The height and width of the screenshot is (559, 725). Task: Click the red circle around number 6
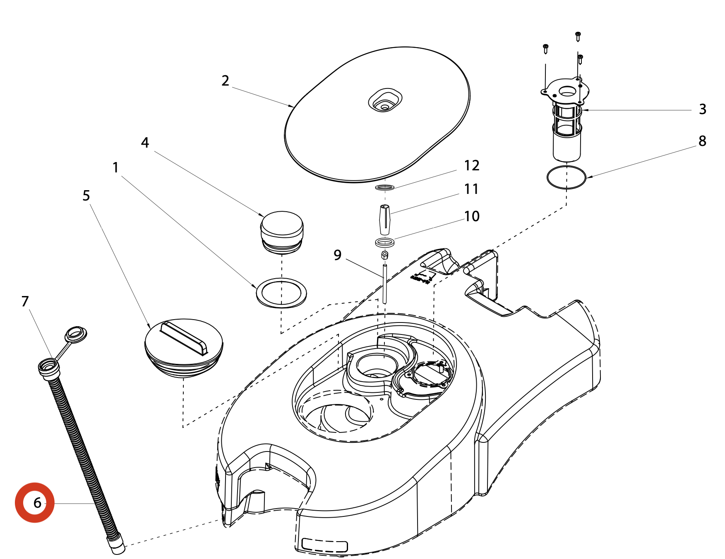tap(35, 502)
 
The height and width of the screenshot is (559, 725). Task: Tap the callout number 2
tap(225, 81)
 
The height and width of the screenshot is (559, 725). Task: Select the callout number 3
tap(702, 109)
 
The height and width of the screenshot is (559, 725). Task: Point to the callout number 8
tap(702, 141)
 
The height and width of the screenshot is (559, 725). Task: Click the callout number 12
tap(471, 166)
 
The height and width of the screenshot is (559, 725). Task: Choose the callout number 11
tap(471, 189)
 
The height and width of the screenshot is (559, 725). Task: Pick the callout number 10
tap(471, 216)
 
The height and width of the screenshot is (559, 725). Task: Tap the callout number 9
tap(337, 255)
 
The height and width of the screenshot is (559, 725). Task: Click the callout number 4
tap(145, 143)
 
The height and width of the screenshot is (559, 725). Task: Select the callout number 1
tap(115, 167)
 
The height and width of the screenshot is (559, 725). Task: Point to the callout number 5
tap(86, 196)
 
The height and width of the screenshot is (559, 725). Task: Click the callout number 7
tap(25, 301)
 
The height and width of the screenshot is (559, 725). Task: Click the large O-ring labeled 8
tap(566, 177)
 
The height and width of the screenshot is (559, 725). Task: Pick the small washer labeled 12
tap(384, 187)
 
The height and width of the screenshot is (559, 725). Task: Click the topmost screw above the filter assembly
tap(578, 36)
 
